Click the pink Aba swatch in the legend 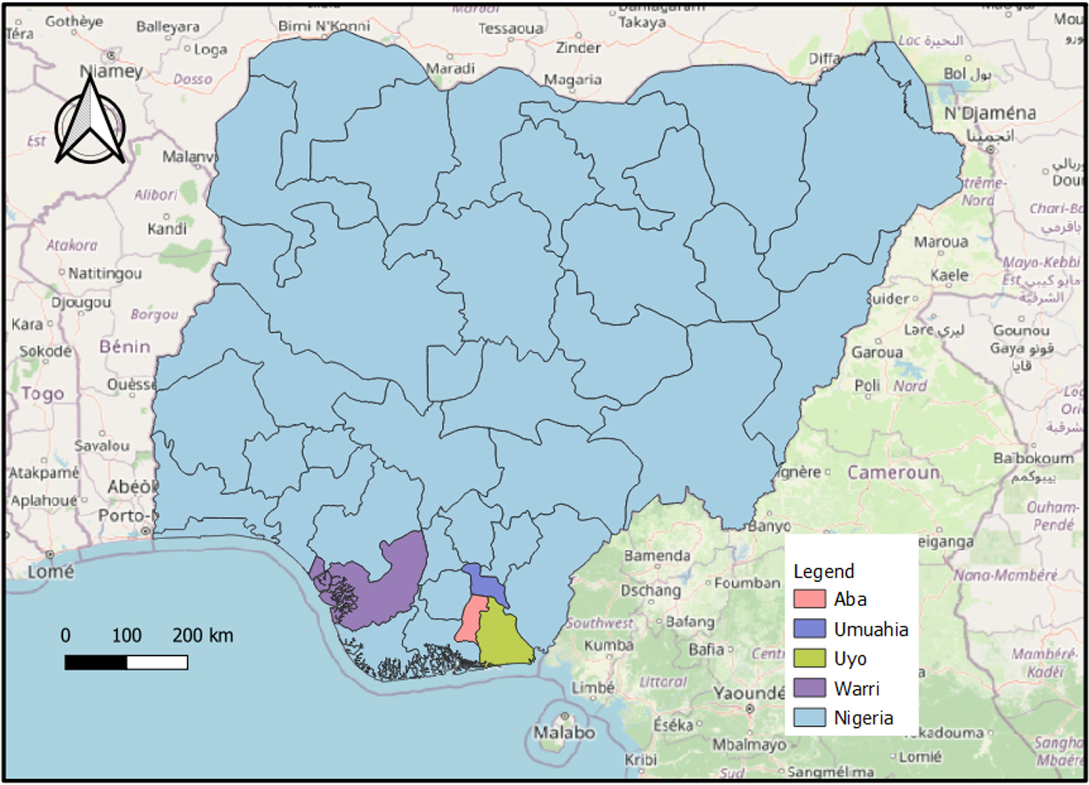coord(809,598)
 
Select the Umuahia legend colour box coord(809,628)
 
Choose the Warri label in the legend coord(856,688)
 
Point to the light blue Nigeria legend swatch coord(809,717)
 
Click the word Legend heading coord(823,571)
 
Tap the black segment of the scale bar coord(96,662)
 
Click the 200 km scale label coord(203,635)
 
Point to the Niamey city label coord(111,71)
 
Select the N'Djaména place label coord(990,114)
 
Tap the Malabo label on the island coord(563,732)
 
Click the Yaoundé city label coord(749,693)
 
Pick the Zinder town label coord(577,48)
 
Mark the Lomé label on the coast coord(50,572)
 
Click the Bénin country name coord(125,347)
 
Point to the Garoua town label coord(876,352)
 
